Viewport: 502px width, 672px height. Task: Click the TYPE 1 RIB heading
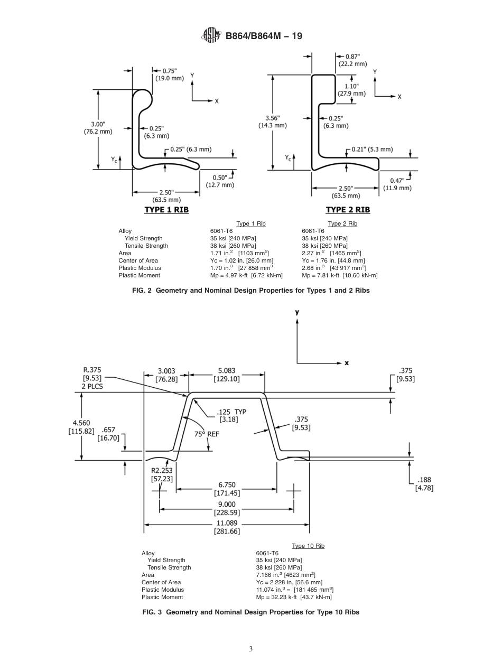click(x=166, y=210)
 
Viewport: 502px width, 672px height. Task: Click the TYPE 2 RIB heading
click(x=348, y=210)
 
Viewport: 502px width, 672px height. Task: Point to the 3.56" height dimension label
click(x=273, y=122)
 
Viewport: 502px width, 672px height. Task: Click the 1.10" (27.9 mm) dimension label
click(x=351, y=89)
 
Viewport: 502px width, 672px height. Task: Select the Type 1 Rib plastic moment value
click(x=246, y=275)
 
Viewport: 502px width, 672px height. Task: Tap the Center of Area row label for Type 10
click(x=161, y=582)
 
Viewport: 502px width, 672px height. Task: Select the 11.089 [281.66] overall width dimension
click(x=227, y=528)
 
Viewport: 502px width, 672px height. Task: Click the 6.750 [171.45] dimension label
click(x=227, y=489)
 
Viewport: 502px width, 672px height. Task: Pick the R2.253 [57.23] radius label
click(x=162, y=473)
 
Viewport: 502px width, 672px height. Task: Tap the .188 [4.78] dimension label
click(x=424, y=484)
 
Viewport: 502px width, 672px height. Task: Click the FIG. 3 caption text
click(x=250, y=612)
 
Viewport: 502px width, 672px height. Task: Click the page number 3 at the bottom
click(x=251, y=649)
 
